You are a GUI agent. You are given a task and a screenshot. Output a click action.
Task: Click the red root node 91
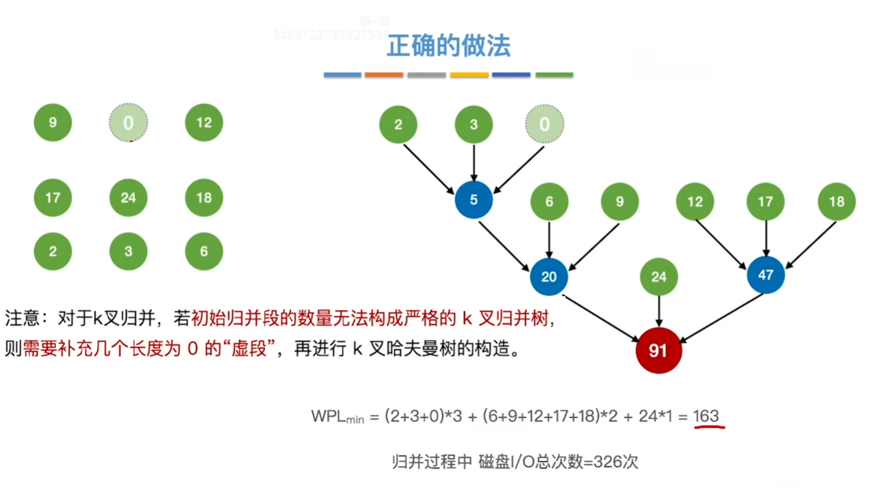click(x=658, y=350)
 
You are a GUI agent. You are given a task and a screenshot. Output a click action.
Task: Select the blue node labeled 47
click(x=765, y=275)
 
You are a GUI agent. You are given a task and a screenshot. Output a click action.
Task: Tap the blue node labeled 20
click(x=549, y=276)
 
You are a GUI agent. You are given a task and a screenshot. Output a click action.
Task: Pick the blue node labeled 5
click(x=474, y=200)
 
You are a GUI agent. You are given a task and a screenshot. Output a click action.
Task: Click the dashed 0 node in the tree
click(x=544, y=124)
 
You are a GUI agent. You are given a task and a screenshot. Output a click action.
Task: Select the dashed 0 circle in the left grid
click(x=128, y=123)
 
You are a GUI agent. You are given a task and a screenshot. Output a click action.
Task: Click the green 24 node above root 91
click(x=658, y=276)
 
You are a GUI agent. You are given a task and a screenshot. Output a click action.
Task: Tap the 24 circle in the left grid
click(x=128, y=198)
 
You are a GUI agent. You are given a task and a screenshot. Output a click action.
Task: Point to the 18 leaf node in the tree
click(x=836, y=202)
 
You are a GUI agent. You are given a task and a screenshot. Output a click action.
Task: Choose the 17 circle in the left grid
click(x=53, y=198)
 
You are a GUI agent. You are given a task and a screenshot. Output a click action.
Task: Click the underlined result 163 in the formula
click(x=706, y=416)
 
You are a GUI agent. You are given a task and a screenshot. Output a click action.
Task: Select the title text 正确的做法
click(x=448, y=46)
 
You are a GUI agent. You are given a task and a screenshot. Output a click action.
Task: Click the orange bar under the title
click(x=384, y=75)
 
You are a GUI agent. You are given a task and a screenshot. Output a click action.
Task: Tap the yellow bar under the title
click(x=469, y=75)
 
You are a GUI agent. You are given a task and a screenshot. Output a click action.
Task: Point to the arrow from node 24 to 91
click(x=659, y=311)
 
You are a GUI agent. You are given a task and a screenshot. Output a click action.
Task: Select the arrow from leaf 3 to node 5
click(x=474, y=163)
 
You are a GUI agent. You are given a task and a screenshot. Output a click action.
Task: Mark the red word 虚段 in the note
click(x=249, y=348)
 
